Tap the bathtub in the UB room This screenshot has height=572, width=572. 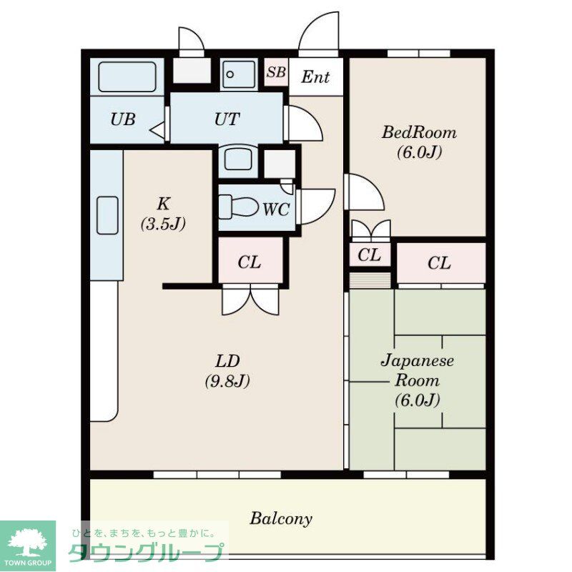click(127, 76)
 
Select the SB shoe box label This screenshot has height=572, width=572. click(277, 72)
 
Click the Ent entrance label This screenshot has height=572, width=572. click(315, 77)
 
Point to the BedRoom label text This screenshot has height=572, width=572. click(419, 133)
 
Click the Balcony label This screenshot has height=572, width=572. click(281, 518)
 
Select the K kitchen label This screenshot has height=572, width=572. click(163, 202)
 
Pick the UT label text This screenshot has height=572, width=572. click(227, 119)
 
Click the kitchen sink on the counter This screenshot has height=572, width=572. click(107, 214)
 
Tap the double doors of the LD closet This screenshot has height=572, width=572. click(250, 300)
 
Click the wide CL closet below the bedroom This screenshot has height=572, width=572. click(440, 263)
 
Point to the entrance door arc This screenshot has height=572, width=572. click(318, 34)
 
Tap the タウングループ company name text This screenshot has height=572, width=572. click(146, 553)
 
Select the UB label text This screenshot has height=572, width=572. click(123, 119)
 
